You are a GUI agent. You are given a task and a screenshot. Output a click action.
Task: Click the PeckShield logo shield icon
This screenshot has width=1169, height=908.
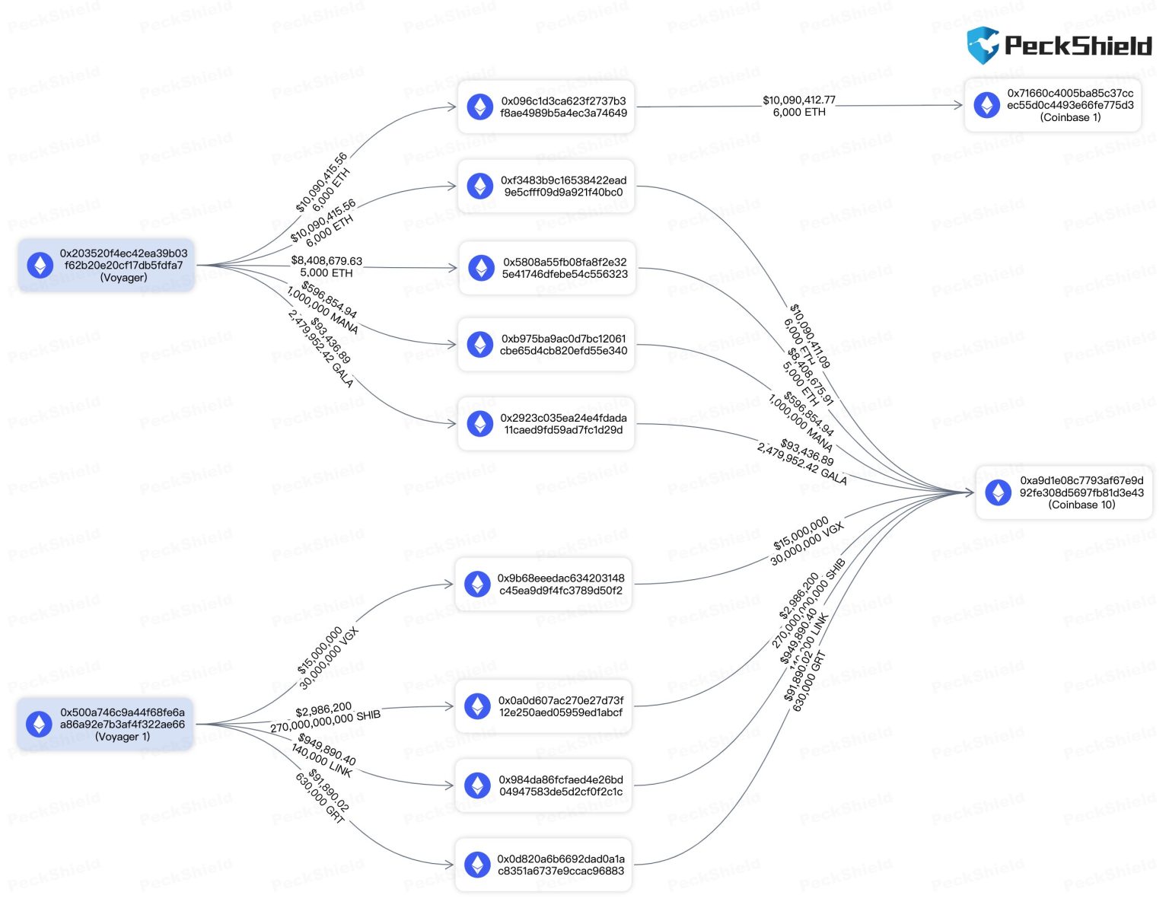[x=982, y=45]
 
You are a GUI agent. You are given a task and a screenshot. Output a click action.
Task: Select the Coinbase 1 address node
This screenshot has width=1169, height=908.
[x=1053, y=105]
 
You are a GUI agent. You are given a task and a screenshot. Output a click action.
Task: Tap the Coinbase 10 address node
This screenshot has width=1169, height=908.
[x=1064, y=492]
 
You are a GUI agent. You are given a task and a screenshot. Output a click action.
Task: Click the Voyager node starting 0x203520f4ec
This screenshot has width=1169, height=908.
[x=107, y=266]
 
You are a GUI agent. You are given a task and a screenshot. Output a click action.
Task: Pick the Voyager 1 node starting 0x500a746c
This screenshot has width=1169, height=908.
[x=105, y=725]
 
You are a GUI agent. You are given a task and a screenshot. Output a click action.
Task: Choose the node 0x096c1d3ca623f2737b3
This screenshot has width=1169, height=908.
[x=546, y=107]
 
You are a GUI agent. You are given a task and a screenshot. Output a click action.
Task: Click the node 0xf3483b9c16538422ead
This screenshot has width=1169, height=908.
[x=546, y=186]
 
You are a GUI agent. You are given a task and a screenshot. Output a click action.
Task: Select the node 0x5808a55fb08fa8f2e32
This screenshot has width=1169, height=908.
[x=547, y=268]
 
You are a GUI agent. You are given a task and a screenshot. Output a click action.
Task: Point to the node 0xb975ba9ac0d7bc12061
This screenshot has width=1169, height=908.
[x=546, y=345]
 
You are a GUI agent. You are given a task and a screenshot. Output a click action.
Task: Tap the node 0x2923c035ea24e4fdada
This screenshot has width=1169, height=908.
[x=546, y=424]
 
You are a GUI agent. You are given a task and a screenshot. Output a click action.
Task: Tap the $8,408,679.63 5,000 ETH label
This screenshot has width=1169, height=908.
[x=326, y=266]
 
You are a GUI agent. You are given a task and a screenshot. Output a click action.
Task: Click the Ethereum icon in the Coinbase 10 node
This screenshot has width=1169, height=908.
[x=998, y=492]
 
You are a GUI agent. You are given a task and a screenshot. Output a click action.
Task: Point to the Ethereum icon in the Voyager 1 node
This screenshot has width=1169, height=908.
[x=39, y=725]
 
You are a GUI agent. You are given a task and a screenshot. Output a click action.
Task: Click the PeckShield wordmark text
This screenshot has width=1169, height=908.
[x=1078, y=46]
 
